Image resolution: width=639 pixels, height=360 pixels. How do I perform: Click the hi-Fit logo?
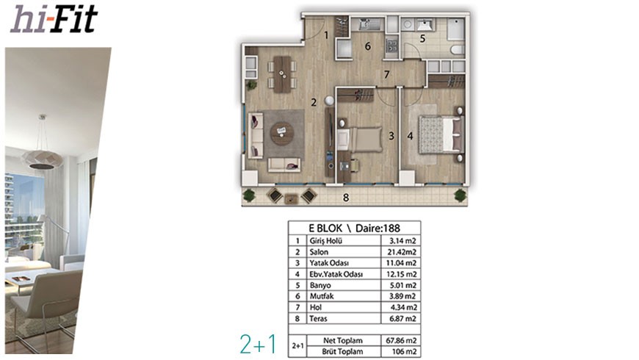coord(54,19)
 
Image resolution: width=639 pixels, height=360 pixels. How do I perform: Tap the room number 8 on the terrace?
coord(346,198)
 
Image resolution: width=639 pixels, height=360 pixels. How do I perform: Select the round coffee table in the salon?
coord(282,133)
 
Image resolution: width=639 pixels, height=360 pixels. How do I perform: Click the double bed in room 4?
coord(441,135)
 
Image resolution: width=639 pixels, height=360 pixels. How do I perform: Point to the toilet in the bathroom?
coord(458,50)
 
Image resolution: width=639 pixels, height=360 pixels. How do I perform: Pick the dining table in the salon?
coord(282,74)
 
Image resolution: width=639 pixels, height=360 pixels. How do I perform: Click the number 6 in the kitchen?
coord(367,46)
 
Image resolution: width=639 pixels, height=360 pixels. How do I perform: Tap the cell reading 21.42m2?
coord(402,252)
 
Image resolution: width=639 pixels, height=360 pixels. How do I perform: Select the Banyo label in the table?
coord(320,285)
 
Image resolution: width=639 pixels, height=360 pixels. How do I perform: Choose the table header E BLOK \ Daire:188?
coord(354,228)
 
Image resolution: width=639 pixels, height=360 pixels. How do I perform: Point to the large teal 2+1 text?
coord(258,344)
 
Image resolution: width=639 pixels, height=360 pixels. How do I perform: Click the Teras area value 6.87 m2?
coord(402,318)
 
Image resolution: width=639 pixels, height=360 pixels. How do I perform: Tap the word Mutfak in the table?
coord(322,296)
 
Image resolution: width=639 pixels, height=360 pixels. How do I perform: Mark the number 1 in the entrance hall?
coord(326,35)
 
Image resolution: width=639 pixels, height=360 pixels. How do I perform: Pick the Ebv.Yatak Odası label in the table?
coord(336,274)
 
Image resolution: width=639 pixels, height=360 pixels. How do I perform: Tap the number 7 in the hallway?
coord(386,75)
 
